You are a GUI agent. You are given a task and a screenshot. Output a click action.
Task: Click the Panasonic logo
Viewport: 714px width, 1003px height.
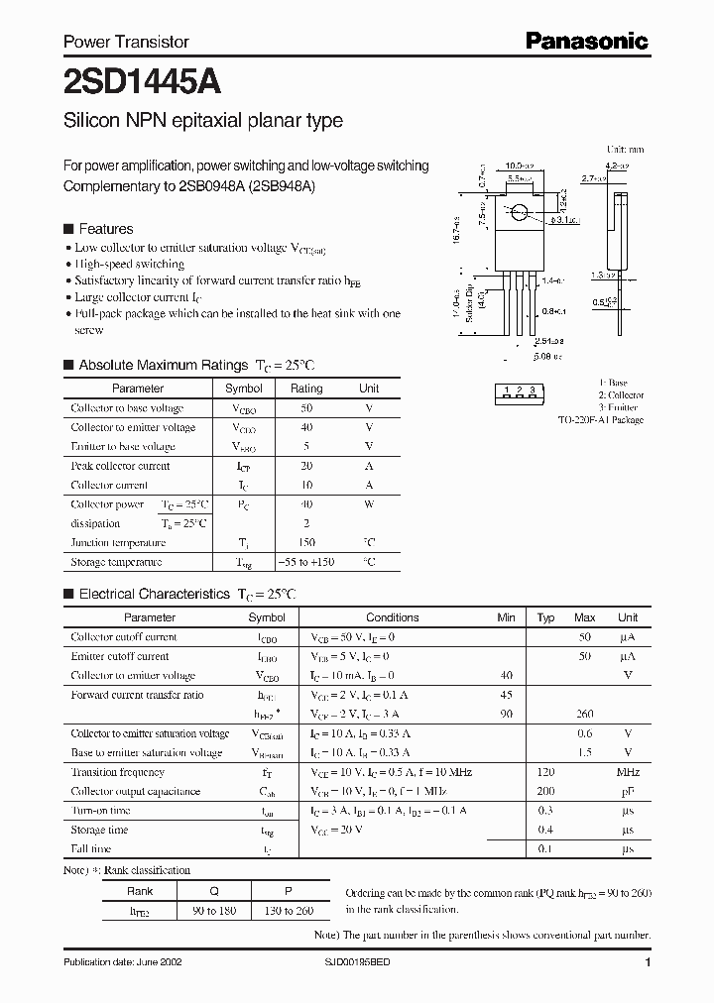(x=587, y=41)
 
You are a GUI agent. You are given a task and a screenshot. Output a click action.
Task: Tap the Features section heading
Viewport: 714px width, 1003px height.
(x=106, y=228)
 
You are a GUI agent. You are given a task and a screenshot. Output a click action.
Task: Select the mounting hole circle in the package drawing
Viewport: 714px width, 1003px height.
(x=518, y=210)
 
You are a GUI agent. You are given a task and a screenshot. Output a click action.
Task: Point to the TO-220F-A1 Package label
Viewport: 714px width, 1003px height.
(x=600, y=420)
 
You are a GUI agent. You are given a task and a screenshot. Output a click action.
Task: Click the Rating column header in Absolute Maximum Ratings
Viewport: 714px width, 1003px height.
(x=306, y=389)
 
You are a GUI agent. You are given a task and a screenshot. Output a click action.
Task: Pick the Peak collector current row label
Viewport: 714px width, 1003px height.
(x=120, y=466)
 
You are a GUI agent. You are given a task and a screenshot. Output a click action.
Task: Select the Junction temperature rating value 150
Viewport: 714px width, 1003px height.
(x=306, y=542)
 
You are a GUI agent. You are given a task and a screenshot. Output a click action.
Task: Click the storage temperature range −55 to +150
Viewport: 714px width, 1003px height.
(x=306, y=562)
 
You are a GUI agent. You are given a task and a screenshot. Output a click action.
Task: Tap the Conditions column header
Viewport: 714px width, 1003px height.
(x=393, y=617)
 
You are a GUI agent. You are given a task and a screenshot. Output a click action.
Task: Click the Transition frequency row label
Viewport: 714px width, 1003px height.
(x=118, y=772)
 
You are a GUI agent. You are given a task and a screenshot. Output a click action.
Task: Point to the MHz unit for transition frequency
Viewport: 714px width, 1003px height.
(x=627, y=772)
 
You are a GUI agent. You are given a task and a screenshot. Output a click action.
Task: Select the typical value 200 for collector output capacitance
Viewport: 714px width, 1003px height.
(x=545, y=791)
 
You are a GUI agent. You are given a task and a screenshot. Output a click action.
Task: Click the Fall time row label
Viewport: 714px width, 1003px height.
(x=91, y=848)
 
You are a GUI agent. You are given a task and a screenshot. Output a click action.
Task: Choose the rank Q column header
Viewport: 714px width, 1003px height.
(x=214, y=890)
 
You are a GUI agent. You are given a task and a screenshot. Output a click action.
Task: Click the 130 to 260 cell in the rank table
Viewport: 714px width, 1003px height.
(x=292, y=910)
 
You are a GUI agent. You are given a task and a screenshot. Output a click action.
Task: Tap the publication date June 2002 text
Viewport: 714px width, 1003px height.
(x=123, y=962)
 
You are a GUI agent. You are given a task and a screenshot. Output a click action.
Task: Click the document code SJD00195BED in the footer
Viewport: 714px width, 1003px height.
(x=364, y=962)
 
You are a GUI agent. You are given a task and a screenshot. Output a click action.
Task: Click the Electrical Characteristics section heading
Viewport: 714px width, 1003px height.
(x=154, y=595)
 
